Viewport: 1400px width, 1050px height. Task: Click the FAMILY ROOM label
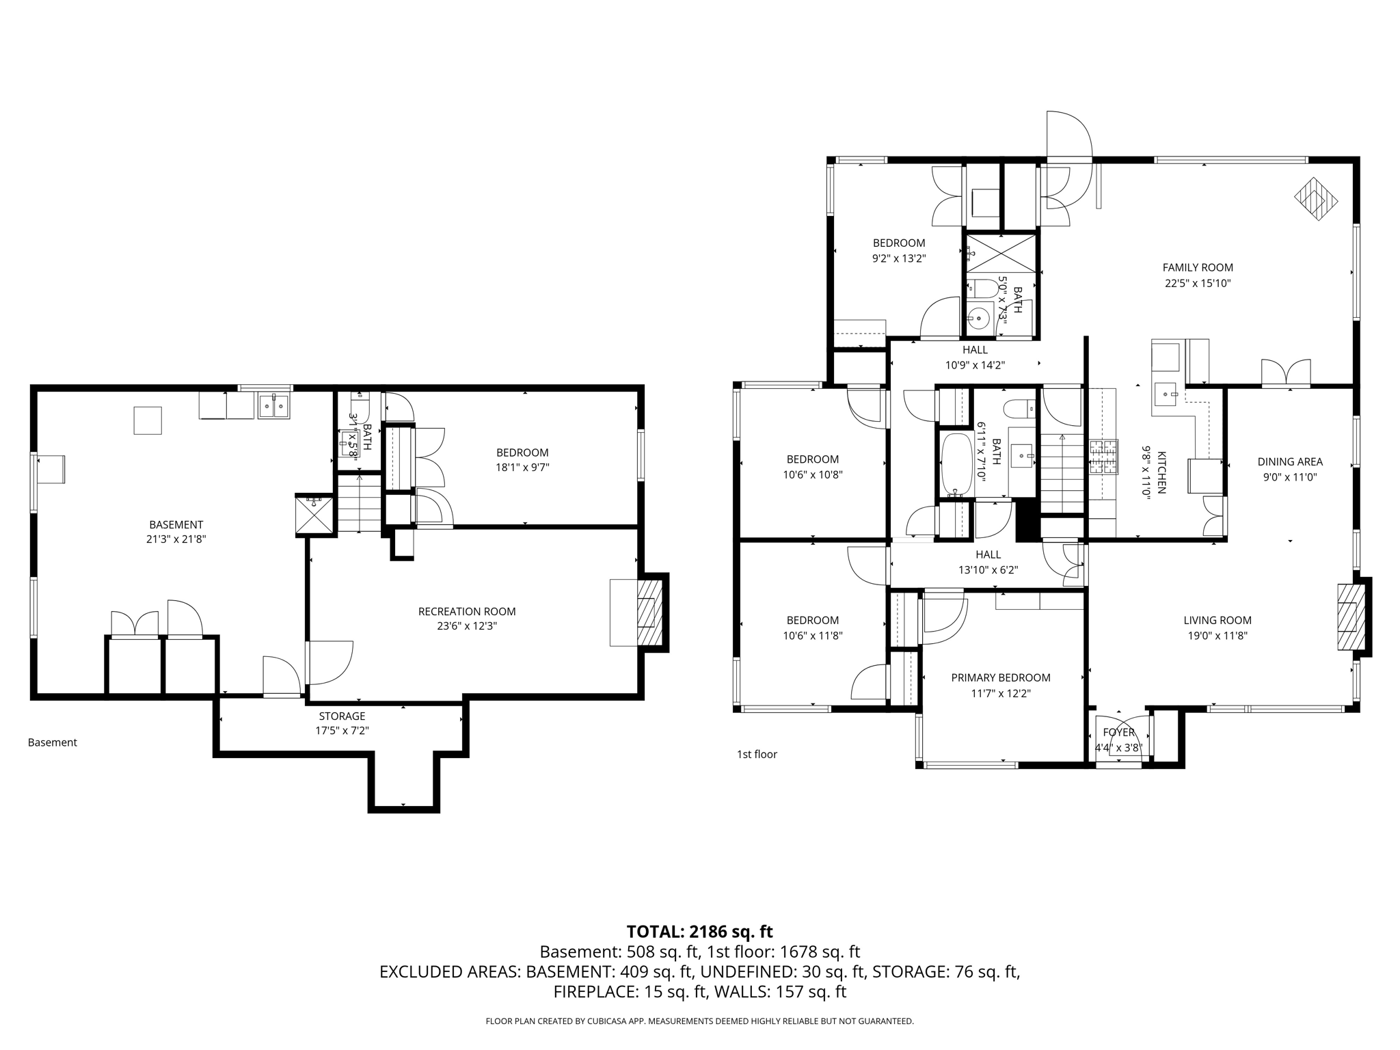[x=1198, y=268]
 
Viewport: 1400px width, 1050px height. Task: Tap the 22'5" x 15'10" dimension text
[x=1198, y=284]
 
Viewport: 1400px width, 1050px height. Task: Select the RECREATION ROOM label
[x=467, y=612]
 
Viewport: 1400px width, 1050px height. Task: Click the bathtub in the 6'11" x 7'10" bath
[x=956, y=463]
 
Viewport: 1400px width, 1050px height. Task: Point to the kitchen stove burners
[x=1103, y=457]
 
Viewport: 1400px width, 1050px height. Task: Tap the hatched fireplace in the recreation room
[x=649, y=612]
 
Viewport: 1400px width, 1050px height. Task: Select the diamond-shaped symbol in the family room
[x=1316, y=199]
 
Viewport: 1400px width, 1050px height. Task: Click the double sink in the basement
[x=274, y=406]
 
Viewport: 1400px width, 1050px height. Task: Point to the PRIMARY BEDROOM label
[x=1000, y=677]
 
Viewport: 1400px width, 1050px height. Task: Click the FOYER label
[x=1118, y=733]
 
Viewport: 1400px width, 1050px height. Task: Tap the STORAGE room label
[x=342, y=716]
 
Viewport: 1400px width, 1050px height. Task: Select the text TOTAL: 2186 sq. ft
[x=699, y=932]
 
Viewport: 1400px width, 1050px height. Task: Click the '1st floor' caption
[x=757, y=755]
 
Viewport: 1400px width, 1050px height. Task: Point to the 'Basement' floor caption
[x=53, y=742]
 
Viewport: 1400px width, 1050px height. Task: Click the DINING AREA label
[x=1289, y=462]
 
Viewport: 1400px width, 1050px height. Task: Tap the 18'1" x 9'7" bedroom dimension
[x=522, y=468]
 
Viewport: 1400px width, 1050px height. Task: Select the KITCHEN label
[x=1161, y=472]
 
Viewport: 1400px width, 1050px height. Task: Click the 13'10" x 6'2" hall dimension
[x=988, y=570]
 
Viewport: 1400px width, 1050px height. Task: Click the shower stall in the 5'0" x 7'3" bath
[x=1001, y=253]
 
